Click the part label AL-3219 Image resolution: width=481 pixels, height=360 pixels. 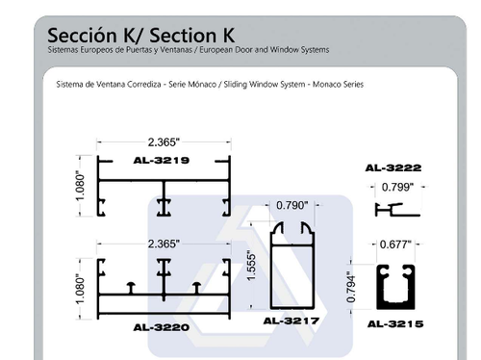162,160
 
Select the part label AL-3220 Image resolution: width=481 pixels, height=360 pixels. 162,327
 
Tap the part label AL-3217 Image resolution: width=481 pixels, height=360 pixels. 291,321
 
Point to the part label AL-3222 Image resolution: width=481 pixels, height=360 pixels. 393,167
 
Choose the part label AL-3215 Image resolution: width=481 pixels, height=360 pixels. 395,323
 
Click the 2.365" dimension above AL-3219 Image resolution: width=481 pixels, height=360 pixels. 164,141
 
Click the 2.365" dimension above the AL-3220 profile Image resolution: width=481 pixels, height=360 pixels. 164,244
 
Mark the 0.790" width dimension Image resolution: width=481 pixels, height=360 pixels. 291,205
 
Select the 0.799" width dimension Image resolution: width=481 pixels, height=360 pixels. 397,187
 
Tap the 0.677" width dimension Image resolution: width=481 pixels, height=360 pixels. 395,244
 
